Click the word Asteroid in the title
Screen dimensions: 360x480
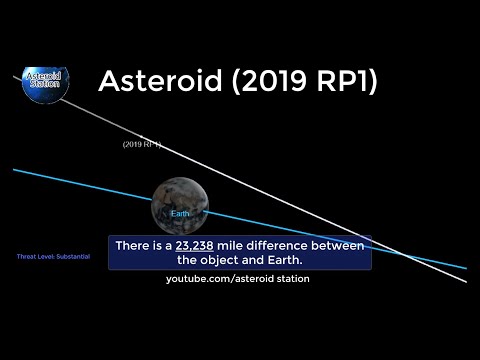click(157, 82)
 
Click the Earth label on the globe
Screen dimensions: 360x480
click(180, 214)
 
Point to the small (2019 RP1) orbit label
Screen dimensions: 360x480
click(142, 145)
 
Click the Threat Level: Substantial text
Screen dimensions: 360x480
click(53, 257)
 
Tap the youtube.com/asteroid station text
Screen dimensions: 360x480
click(238, 279)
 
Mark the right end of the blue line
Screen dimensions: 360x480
click(465, 268)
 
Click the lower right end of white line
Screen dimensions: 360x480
click(465, 281)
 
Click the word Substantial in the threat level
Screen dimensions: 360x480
click(72, 257)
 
